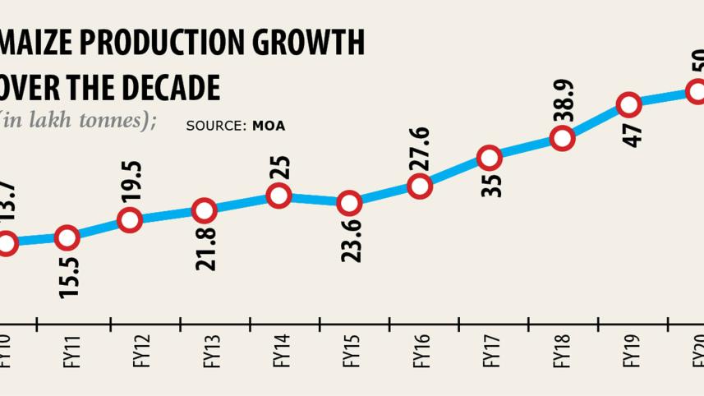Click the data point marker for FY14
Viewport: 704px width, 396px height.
278,196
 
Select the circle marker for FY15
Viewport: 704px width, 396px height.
349,202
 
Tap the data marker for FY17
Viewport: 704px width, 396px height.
489,158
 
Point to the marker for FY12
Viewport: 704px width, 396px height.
130,219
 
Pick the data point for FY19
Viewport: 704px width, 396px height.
628,104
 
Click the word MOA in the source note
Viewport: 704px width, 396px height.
269,127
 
